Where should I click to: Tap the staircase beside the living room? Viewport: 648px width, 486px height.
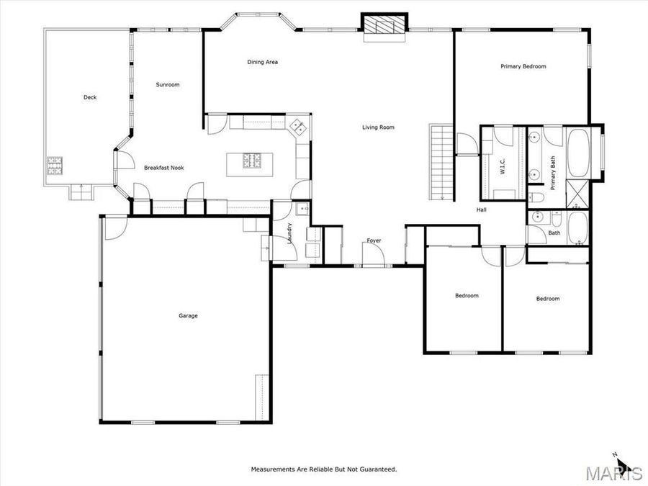[x=441, y=162]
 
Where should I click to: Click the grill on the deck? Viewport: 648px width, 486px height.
[x=55, y=166]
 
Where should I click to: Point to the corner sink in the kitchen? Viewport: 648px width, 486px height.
[x=297, y=127]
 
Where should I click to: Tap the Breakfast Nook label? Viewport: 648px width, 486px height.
[x=163, y=168]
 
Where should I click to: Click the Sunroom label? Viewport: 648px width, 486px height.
[x=168, y=85]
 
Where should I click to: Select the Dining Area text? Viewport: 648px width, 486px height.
[x=262, y=63]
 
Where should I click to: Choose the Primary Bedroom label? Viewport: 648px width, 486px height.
[x=523, y=66]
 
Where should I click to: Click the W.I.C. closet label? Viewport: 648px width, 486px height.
[x=503, y=166]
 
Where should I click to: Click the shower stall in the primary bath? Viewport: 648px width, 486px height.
[x=578, y=193]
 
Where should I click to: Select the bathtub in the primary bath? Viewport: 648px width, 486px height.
[x=578, y=153]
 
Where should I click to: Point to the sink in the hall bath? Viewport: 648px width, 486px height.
[x=536, y=217]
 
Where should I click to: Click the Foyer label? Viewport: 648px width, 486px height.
[x=374, y=240]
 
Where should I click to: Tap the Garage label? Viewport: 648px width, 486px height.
[x=188, y=315]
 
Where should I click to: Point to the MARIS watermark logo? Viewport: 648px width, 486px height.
[x=613, y=473]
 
